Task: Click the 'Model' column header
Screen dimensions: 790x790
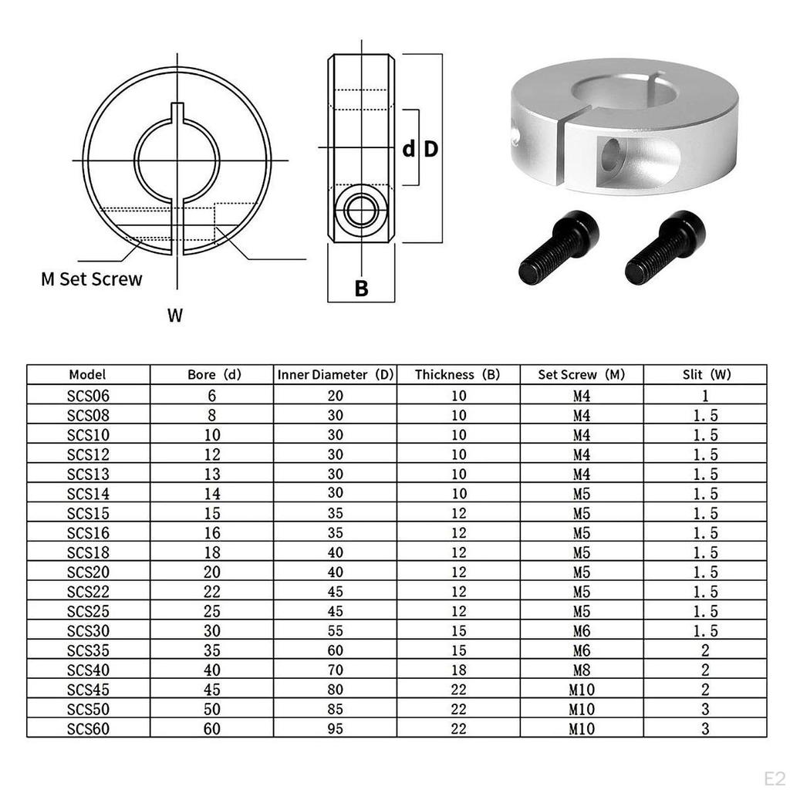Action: (x=87, y=375)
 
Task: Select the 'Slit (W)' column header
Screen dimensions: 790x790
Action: (x=706, y=375)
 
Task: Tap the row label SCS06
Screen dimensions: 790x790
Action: (x=88, y=395)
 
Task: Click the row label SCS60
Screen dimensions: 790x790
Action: (x=88, y=728)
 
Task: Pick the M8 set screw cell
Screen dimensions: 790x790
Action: (x=582, y=670)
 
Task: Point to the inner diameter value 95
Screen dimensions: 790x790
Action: (x=335, y=728)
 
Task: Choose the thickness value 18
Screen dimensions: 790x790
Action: (x=458, y=670)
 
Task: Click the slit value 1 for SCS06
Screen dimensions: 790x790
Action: (x=706, y=395)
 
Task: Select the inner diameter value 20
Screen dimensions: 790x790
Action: (x=335, y=395)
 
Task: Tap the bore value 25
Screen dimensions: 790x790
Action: (x=211, y=611)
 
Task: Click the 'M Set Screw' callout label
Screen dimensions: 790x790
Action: (x=92, y=279)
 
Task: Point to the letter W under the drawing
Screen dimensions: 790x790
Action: (x=176, y=315)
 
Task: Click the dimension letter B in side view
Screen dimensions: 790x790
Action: (x=361, y=289)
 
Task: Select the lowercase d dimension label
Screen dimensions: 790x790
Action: (x=409, y=149)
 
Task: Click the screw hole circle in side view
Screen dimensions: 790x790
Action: (x=360, y=210)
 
